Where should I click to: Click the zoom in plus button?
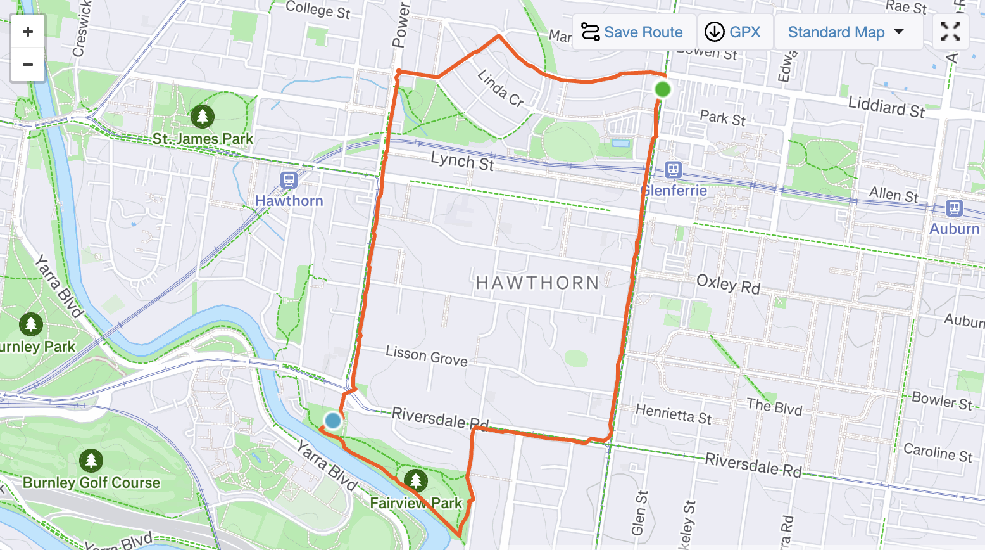[x=28, y=32]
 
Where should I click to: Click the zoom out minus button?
[x=28, y=65]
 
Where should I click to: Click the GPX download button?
[x=734, y=32]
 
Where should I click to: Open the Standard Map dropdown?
[x=845, y=32]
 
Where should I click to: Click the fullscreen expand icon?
[x=950, y=32]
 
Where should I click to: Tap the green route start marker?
[x=662, y=89]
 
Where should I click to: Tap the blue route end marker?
[x=332, y=421]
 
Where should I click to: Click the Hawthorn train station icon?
[x=289, y=181]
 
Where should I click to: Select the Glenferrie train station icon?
[x=673, y=170]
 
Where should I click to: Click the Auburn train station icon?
[x=954, y=208]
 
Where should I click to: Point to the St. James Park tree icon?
[x=203, y=117]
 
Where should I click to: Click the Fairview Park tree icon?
[x=415, y=481]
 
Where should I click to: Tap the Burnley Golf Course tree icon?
[x=91, y=461]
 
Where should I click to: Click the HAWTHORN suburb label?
[x=537, y=283]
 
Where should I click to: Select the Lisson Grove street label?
[x=426, y=355]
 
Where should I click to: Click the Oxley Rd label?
[x=728, y=284]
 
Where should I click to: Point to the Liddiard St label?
[x=886, y=107]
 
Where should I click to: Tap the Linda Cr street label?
[x=500, y=88]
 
